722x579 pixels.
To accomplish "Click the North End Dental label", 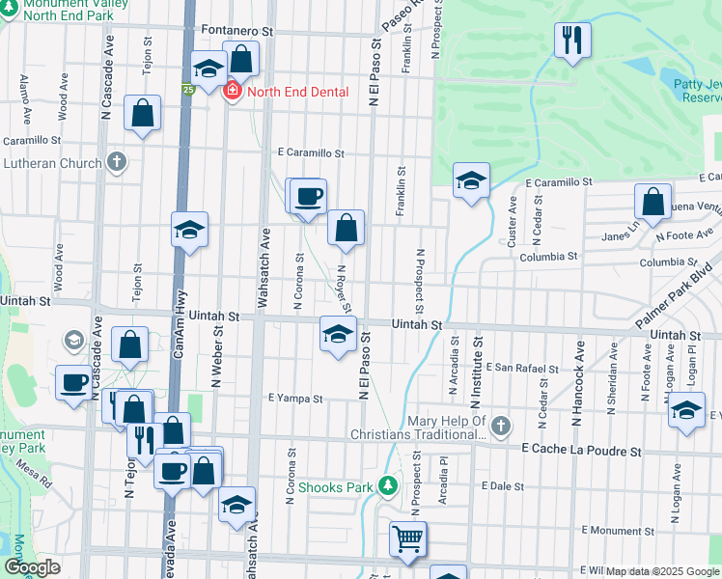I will pos(290,92).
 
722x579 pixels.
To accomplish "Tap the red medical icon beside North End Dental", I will pos(232,92).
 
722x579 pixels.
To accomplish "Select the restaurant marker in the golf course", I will pos(572,41).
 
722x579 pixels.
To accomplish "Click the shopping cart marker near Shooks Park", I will pos(408,539).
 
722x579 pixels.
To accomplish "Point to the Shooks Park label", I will pos(334,486).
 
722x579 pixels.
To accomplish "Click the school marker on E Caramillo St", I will pos(471,180).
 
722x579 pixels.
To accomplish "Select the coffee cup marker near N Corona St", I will pos(309,197).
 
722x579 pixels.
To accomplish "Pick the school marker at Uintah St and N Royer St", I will pos(337,335).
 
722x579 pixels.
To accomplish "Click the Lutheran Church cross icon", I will pos(117,162).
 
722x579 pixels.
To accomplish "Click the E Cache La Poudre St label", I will pos(581,450).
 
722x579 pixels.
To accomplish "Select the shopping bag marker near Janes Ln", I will pos(653,203).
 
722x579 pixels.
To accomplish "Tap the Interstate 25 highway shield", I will pos(188,90).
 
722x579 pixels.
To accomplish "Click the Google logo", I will pos(32,567).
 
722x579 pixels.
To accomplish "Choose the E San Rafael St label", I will pos(521,368).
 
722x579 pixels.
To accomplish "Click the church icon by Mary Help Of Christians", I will pos(500,426).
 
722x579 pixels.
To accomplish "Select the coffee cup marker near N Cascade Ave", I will pos(73,383).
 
